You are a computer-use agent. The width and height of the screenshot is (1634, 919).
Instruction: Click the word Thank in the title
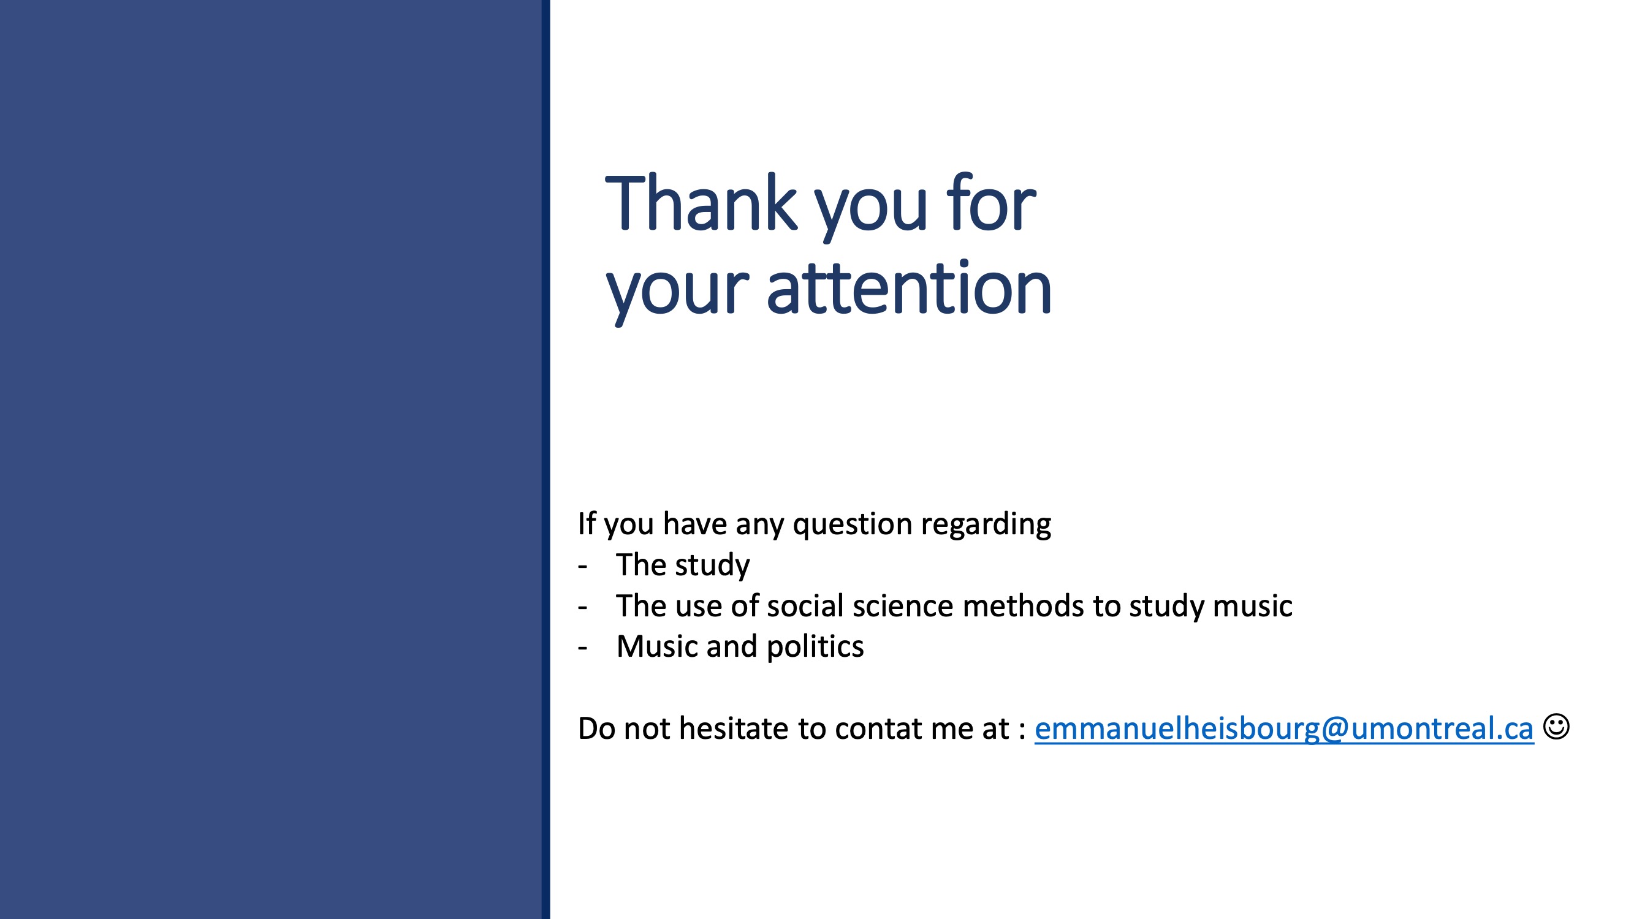(x=702, y=203)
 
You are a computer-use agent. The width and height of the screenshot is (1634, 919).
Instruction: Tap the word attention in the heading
(x=909, y=289)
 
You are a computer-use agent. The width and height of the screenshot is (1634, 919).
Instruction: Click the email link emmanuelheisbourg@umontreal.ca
(x=1284, y=728)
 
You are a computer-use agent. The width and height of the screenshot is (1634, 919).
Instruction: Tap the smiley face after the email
(x=1556, y=726)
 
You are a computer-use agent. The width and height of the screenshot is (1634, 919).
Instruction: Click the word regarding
(x=986, y=524)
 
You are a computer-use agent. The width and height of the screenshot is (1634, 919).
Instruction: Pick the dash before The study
(x=582, y=565)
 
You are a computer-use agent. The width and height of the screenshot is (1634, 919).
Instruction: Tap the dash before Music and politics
(x=582, y=648)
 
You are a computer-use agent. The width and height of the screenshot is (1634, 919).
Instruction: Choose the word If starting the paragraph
(x=586, y=524)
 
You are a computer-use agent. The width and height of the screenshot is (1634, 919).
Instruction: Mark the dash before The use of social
(x=582, y=607)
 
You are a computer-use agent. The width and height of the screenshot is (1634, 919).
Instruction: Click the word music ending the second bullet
(x=1252, y=606)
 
